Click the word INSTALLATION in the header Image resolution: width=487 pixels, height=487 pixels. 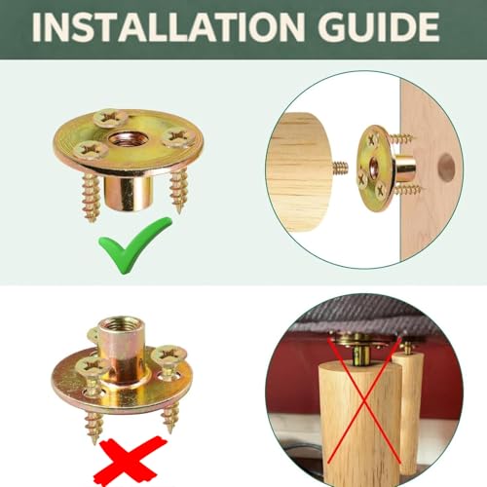(x=169, y=27)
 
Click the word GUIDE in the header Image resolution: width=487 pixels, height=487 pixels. (x=379, y=27)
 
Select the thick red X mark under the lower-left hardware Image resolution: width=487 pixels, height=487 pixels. (x=130, y=461)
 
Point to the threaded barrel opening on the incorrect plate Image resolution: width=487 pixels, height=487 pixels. (x=122, y=325)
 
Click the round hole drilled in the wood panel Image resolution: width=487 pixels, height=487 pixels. (x=446, y=166)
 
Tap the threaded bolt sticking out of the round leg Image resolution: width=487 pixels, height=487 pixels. (x=340, y=167)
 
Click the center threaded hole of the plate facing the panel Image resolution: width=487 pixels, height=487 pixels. (x=373, y=166)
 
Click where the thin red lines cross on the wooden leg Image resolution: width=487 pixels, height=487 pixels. (x=364, y=402)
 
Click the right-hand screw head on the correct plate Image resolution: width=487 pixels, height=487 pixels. (x=178, y=137)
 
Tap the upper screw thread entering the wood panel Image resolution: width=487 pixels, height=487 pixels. (x=401, y=138)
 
